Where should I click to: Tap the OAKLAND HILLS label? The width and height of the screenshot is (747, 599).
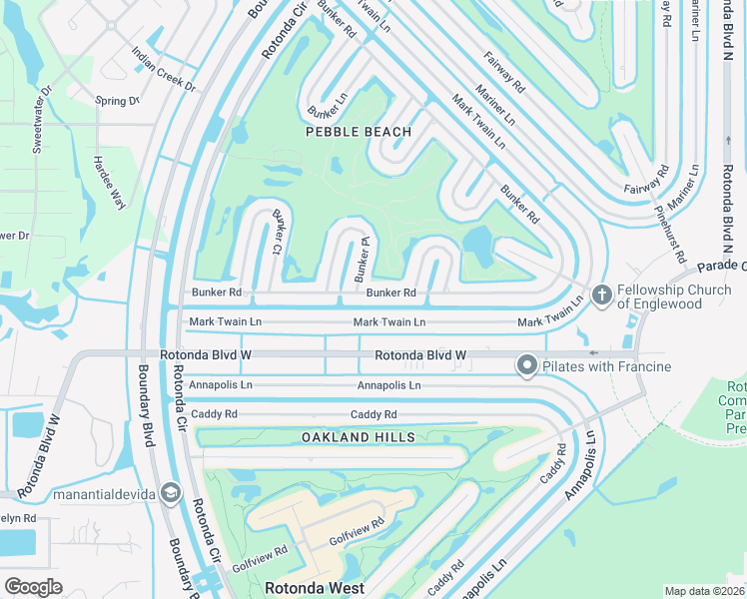point(358,437)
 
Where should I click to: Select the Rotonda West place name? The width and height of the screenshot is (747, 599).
point(314,588)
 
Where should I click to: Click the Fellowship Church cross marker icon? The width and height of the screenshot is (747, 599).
point(601,295)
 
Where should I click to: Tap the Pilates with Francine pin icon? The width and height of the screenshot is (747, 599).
point(526,366)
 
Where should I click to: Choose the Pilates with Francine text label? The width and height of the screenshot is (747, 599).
point(606,367)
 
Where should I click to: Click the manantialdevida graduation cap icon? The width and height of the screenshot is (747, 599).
point(170,492)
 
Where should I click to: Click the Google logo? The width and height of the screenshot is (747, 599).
point(33,587)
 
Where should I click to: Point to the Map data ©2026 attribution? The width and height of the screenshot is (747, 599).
point(704,591)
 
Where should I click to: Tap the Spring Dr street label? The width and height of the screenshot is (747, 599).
point(116,101)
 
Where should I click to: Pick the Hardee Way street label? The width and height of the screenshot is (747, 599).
point(109,182)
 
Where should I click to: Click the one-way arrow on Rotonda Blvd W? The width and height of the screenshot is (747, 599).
point(593,352)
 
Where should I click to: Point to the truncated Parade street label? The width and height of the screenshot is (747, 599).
point(721,267)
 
